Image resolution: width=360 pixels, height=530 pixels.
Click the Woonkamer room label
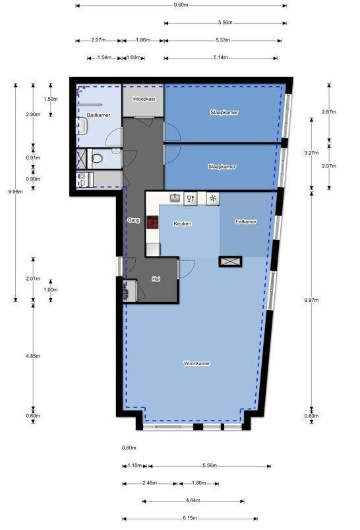pyautogui.click(x=196, y=363)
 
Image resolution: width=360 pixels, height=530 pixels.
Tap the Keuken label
pyautogui.click(x=182, y=223)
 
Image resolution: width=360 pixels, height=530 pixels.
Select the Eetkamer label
pyautogui.click(x=246, y=221)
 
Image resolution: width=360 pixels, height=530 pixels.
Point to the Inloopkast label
pyautogui.click(x=144, y=99)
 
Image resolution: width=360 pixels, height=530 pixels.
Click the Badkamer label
pyautogui.click(x=98, y=115)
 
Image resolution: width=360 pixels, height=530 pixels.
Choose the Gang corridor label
pyautogui.click(x=134, y=220)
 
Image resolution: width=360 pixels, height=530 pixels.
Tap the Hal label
pyautogui.click(x=156, y=279)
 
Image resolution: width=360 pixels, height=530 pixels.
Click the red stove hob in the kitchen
pyautogui.click(x=152, y=222)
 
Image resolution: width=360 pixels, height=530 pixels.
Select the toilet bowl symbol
pyautogui.click(x=98, y=158)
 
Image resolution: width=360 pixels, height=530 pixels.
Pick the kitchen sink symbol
pyautogui.click(x=175, y=197)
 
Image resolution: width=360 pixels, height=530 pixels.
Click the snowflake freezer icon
pyautogui.click(x=212, y=198)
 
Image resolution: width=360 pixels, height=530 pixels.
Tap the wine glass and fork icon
pyautogui.click(x=191, y=198)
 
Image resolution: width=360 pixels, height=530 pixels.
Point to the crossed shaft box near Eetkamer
pyautogui.click(x=230, y=261)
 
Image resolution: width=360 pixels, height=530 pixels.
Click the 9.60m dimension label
pyautogui.click(x=181, y=5)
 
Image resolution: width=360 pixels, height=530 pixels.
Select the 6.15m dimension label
pyautogui.click(x=190, y=518)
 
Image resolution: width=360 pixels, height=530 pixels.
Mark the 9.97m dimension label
pyautogui.click(x=311, y=300)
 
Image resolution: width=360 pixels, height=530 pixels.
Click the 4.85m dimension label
pyautogui.click(x=33, y=356)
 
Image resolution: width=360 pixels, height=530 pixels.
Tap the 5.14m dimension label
pyautogui.click(x=221, y=57)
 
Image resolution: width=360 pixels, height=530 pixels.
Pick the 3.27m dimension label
pyautogui.click(x=311, y=153)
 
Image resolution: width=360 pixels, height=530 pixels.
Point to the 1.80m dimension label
pyautogui.click(x=198, y=483)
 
